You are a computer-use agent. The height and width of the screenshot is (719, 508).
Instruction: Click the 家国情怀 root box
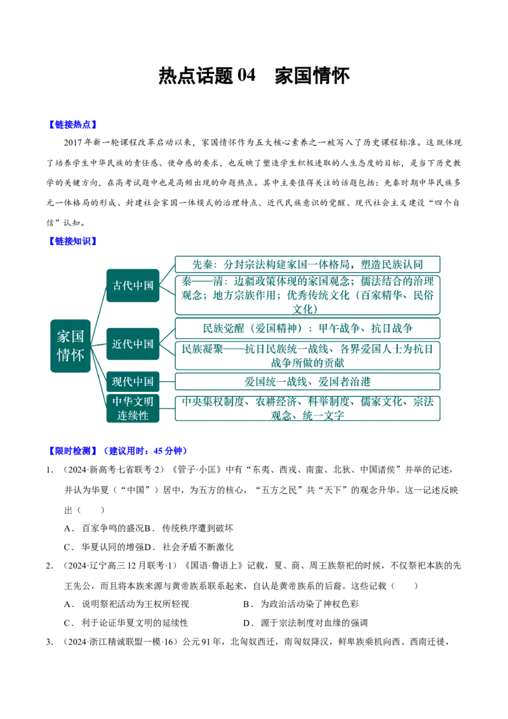coord(70,346)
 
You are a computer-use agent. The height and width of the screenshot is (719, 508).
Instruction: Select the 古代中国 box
coord(133,285)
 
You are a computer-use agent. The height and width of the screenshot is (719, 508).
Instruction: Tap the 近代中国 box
coord(133,344)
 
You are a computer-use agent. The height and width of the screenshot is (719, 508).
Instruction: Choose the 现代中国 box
coord(133,381)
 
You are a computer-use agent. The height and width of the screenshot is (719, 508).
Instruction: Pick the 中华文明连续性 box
coord(133,408)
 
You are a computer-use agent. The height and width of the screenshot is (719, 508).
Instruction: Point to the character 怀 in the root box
coord(77,355)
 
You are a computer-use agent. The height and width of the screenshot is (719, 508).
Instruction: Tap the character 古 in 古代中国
coord(117,285)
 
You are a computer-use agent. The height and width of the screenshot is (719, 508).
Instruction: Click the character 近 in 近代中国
coord(117,344)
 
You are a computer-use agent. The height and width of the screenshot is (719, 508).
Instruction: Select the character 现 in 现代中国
coord(117,381)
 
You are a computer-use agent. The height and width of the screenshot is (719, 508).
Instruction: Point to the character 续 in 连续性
coord(133,415)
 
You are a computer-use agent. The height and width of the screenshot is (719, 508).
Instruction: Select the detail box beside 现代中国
coord(307,381)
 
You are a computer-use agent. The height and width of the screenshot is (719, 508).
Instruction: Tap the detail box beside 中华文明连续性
coord(307,407)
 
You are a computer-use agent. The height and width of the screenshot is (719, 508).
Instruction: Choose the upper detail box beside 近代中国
coord(307,328)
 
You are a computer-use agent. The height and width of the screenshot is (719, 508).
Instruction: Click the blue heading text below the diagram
coord(117,451)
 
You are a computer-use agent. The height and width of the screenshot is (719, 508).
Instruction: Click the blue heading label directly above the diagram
coord(72,241)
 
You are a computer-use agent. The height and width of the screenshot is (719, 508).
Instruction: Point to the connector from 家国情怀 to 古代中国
coord(97,311)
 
